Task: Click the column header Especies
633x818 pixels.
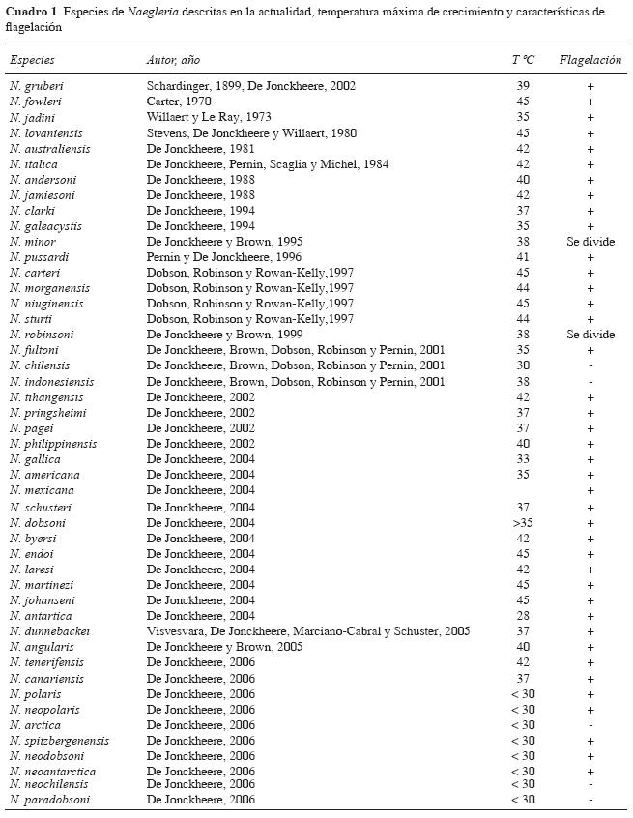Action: pos(32,60)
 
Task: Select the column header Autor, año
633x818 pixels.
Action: pos(173,60)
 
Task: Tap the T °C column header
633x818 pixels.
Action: pos(523,60)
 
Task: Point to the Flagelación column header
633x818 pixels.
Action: pos(590,60)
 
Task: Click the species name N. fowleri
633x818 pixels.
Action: pos(35,102)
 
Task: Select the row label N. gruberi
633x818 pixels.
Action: pos(35,86)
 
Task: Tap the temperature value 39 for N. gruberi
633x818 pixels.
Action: pos(523,86)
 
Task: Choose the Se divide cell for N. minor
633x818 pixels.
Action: pos(590,242)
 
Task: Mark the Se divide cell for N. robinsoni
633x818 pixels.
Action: pos(590,335)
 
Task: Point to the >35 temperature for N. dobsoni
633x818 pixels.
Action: pos(523,522)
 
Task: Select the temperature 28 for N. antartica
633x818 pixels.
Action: pos(523,615)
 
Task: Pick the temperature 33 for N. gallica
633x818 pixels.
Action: pos(523,459)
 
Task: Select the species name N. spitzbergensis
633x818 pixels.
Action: pos(53,740)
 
